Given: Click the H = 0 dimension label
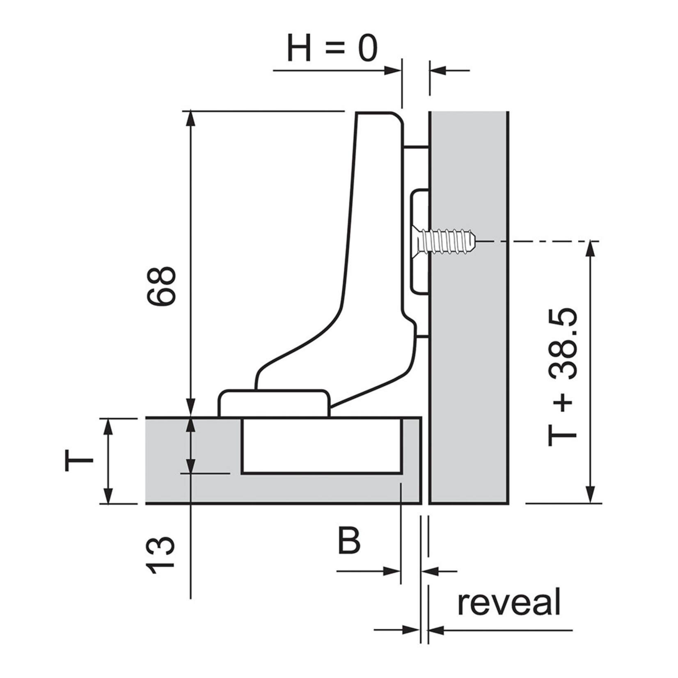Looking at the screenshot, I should [332, 48].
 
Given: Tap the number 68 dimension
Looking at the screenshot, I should [162, 286].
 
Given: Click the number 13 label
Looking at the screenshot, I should [161, 555].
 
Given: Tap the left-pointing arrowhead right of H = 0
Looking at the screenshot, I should [437, 71].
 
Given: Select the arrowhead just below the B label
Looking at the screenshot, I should [392, 571].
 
